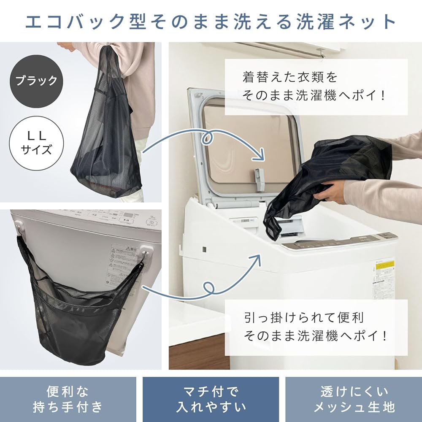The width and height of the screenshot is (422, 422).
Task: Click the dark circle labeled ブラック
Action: click(36, 80)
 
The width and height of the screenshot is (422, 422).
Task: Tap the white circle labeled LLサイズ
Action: click(36, 143)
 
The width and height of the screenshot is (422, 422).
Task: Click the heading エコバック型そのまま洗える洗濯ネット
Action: click(211, 21)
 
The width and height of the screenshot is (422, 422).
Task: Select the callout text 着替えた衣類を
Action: click(290, 77)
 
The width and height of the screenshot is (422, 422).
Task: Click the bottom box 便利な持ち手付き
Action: click(68, 398)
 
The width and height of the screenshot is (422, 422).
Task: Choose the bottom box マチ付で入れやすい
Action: click(211, 398)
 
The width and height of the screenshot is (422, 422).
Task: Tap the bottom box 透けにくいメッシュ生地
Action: click(354, 398)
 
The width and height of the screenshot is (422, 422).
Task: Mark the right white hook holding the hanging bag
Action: click(145, 251)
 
